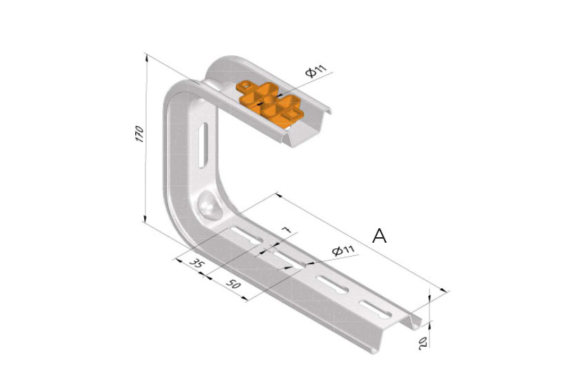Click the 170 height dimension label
pyautogui.click(x=139, y=134)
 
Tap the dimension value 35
pyautogui.click(x=196, y=263)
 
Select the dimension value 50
pyautogui.click(x=233, y=284)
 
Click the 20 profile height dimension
pyautogui.click(x=423, y=343)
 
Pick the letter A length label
pyautogui.click(x=379, y=236)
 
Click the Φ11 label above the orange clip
pyautogui.click(x=316, y=70)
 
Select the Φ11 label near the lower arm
pyautogui.click(x=343, y=250)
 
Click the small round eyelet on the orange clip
pyautogui.click(x=245, y=86)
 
